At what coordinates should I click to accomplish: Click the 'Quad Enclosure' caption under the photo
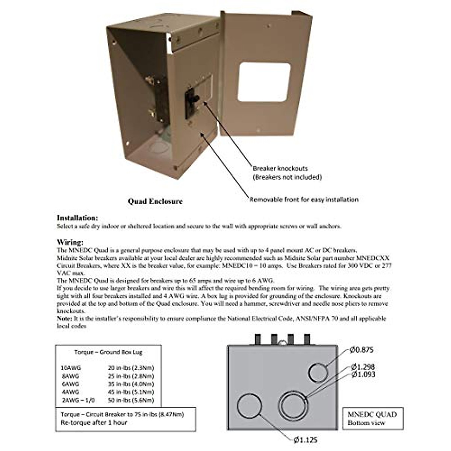click(155, 201)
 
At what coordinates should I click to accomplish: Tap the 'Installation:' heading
click(77, 218)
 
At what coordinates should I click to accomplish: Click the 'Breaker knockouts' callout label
click(280, 168)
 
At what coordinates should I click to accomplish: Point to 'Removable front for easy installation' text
click(304, 200)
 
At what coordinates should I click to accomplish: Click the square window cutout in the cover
click(264, 82)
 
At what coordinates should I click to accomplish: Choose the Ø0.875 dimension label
click(361, 350)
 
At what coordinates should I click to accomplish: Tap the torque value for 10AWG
click(131, 368)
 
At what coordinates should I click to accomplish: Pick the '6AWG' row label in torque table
click(71, 384)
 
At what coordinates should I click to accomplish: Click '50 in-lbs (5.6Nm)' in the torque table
click(131, 400)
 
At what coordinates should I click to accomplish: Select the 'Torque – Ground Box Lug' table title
click(108, 352)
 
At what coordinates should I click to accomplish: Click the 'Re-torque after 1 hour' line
click(94, 423)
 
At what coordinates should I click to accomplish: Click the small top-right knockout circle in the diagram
click(318, 372)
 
